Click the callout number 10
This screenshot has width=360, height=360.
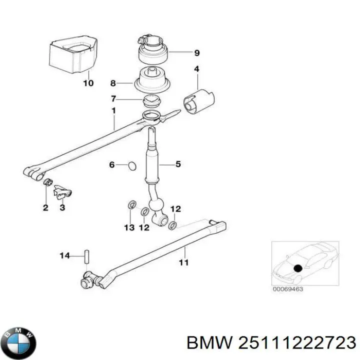click(87, 83)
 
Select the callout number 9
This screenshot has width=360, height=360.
click(196, 52)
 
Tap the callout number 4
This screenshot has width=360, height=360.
click(196, 69)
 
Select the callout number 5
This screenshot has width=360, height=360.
click(177, 164)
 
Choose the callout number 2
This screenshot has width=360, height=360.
click(45, 207)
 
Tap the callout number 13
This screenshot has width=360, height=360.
click(129, 227)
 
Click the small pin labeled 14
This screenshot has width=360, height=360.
click(86, 255)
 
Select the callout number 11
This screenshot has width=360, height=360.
click(183, 262)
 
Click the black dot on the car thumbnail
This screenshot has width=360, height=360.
click(298, 268)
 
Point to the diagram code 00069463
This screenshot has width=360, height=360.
click(287, 288)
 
